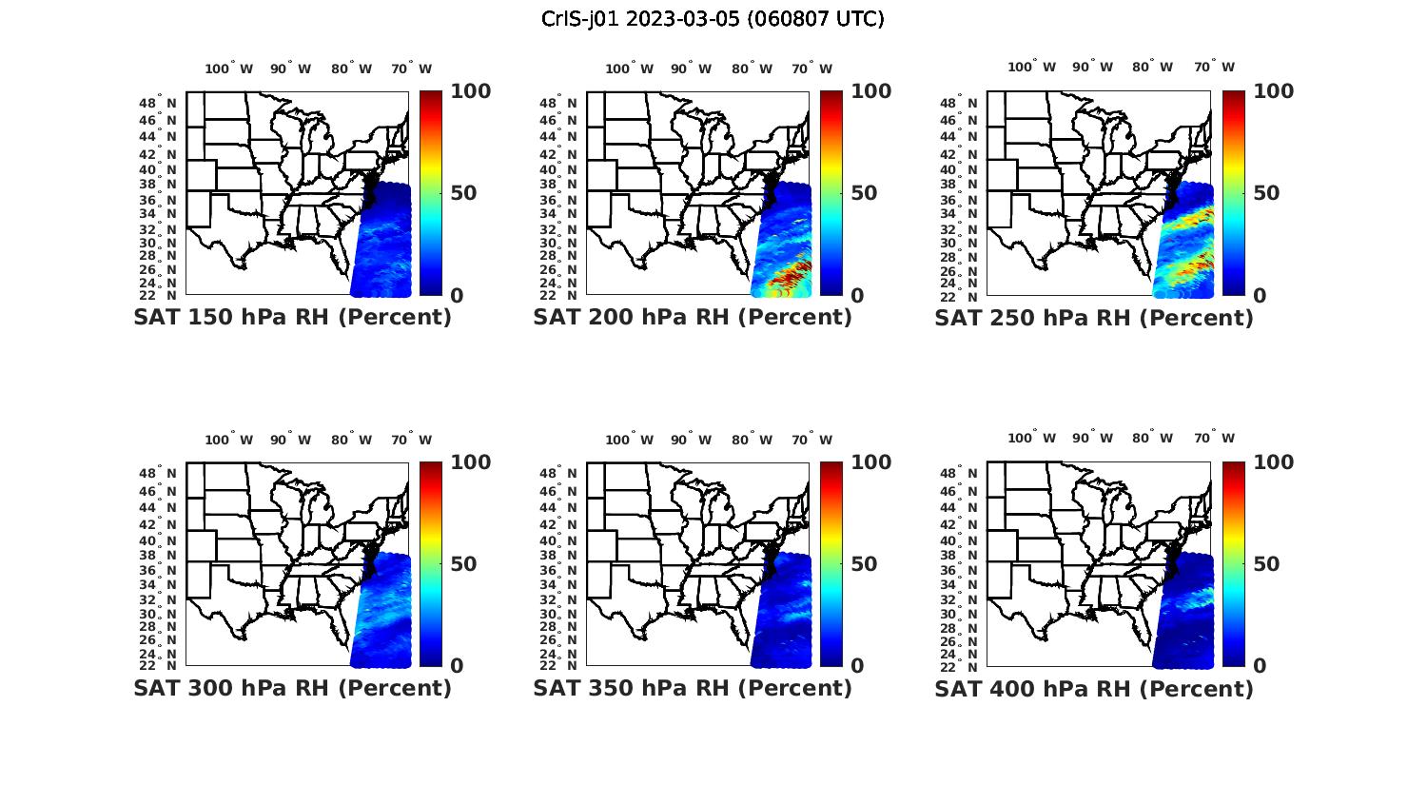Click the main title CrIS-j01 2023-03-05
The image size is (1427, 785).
tap(713, 19)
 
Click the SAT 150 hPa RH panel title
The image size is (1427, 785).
tap(292, 318)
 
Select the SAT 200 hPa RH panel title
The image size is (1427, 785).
tap(693, 318)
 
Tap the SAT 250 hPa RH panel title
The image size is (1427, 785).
tap(1094, 318)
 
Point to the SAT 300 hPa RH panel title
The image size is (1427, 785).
tap(292, 688)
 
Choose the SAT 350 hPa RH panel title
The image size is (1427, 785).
tap(693, 688)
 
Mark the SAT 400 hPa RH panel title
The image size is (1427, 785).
tap(1094, 688)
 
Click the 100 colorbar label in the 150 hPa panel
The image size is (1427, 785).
tap(471, 91)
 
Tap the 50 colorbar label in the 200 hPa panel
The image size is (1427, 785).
tap(864, 193)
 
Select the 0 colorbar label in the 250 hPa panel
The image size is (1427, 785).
tap(1261, 296)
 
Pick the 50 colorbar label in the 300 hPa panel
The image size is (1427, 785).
tap(463, 564)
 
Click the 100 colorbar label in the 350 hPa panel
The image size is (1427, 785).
tap(871, 462)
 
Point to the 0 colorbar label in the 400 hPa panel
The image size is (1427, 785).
tap(1261, 666)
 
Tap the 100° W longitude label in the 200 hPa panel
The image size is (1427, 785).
tap(629, 69)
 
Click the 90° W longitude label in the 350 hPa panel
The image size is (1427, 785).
tap(691, 440)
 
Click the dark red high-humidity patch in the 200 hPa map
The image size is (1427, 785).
tap(788, 275)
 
